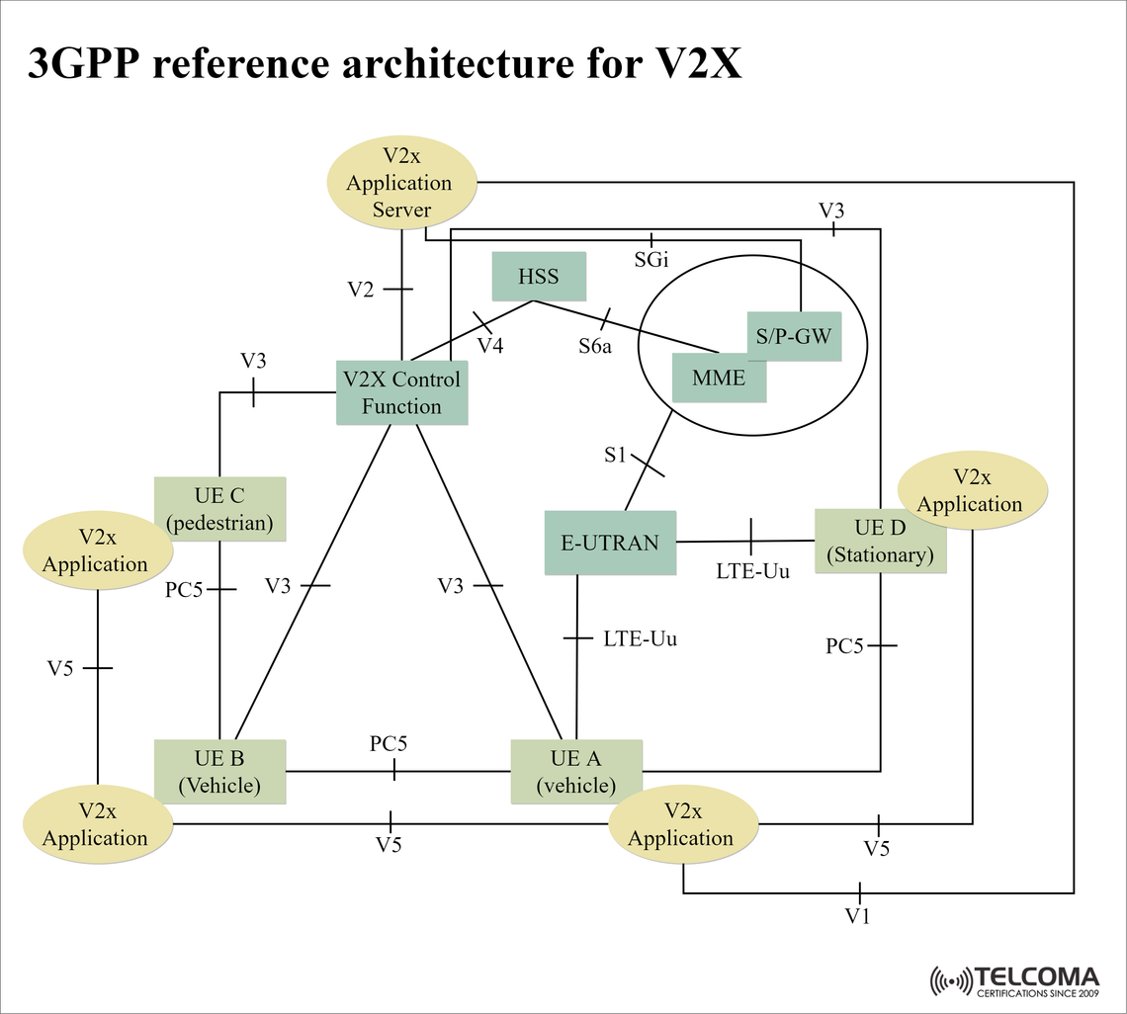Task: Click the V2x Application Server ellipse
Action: [x=401, y=183]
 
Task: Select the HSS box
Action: [x=539, y=277]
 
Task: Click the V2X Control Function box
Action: [x=401, y=392]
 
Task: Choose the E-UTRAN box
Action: [x=610, y=542]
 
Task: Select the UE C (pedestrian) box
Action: [x=219, y=509]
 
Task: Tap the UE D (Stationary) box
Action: [x=880, y=542]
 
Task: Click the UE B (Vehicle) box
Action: [x=219, y=772]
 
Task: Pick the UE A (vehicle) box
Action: [x=575, y=772]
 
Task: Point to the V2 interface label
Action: [x=361, y=290]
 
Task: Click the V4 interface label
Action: [x=490, y=346]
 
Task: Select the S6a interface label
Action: [x=595, y=347]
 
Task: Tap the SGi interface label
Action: [x=651, y=260]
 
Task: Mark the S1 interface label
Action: [x=615, y=456]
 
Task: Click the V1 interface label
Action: [x=857, y=916]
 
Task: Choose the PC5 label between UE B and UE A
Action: [x=389, y=744]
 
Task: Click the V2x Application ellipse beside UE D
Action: [x=971, y=491]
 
